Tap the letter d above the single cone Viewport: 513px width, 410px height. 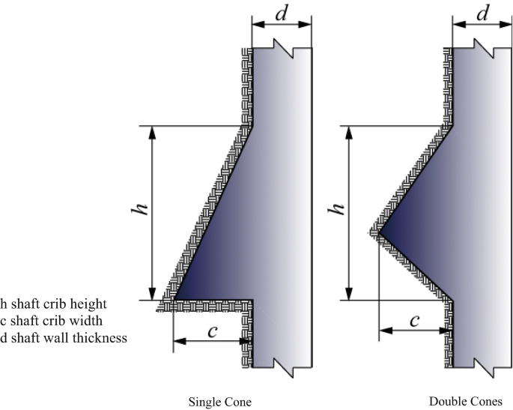tap(282, 13)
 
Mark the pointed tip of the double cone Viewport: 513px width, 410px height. tap(379, 234)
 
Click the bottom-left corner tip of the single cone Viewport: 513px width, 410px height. tap(173, 300)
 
